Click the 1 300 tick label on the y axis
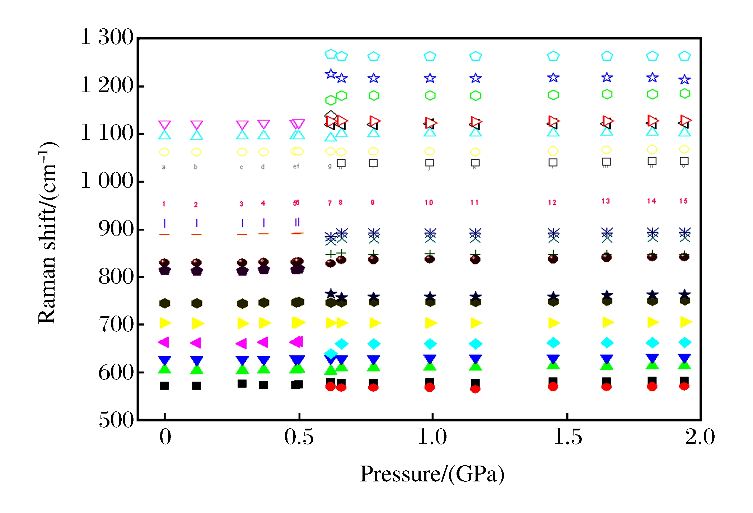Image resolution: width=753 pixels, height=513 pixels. [x=107, y=37]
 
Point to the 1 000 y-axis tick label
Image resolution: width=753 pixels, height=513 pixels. [x=107, y=181]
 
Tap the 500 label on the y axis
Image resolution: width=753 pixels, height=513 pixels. [x=116, y=420]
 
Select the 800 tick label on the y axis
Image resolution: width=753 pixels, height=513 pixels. [x=116, y=277]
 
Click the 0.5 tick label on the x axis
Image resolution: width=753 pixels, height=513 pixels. [x=299, y=437]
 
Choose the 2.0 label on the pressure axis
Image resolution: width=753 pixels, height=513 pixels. [x=700, y=437]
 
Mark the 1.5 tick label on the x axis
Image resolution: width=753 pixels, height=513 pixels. [x=567, y=437]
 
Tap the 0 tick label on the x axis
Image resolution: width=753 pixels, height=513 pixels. [x=165, y=437]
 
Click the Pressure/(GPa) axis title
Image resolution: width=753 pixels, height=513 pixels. [x=432, y=474]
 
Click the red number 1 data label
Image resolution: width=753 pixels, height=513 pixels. [x=164, y=204]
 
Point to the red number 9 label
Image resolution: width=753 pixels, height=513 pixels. [x=373, y=202]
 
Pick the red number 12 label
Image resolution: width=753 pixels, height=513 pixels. [x=552, y=202]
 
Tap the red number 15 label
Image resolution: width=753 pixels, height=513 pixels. [x=683, y=201]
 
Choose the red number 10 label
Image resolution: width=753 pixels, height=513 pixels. [x=429, y=202]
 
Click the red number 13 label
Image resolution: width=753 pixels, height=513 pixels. [x=606, y=201]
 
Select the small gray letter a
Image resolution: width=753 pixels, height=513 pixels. [x=164, y=167]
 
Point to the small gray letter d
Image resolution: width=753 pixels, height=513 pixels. [x=263, y=167]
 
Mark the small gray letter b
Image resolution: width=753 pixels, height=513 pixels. [x=196, y=167]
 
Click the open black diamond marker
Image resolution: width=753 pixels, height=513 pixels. [x=331, y=116]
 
